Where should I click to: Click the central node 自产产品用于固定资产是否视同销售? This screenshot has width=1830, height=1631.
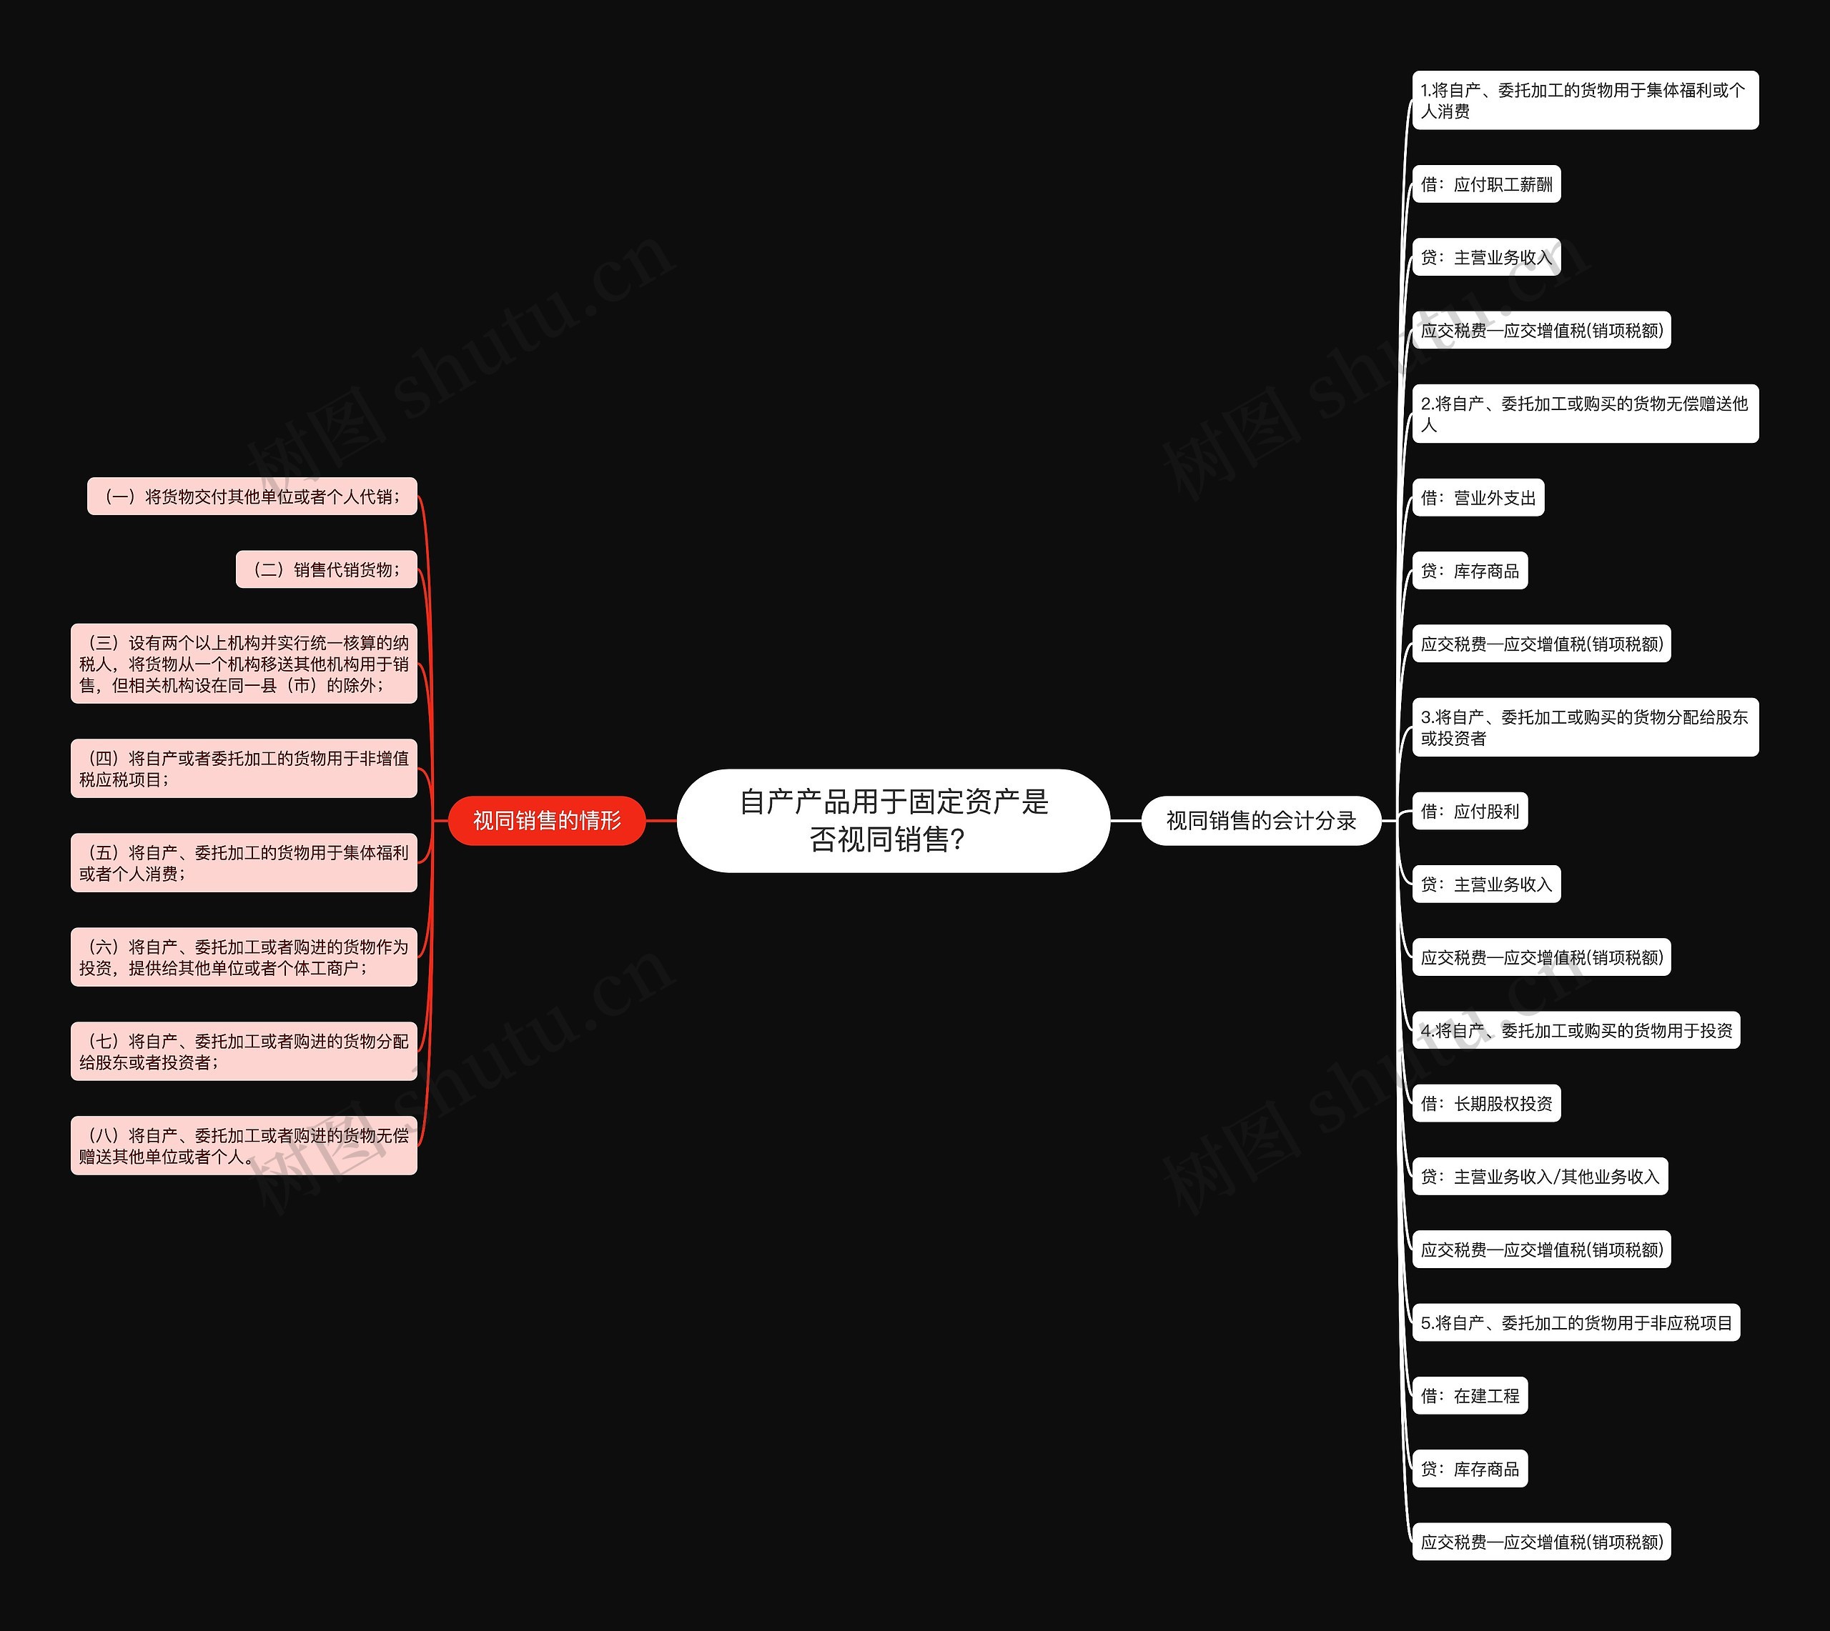tap(893, 820)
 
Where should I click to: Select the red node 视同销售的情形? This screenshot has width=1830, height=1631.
tap(546, 820)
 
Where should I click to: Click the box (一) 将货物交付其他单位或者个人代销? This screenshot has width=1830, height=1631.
tap(252, 497)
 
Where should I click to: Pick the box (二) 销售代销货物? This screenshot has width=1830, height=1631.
tap(327, 569)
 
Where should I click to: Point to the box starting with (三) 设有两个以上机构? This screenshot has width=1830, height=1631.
tap(244, 663)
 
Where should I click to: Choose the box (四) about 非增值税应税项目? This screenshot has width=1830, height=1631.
tap(244, 768)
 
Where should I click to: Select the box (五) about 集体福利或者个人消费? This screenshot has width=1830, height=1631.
tap(244, 862)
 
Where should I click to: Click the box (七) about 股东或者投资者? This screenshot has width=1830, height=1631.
tap(244, 1050)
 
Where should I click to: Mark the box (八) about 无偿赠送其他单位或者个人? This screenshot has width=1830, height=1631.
tap(244, 1145)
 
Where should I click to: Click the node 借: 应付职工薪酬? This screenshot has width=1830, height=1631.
tap(1485, 184)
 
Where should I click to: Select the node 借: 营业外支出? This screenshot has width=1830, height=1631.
tap(1478, 498)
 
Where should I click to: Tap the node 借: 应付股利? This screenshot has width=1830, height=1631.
tap(1470, 811)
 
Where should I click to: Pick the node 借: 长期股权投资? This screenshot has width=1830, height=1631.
tap(1485, 1103)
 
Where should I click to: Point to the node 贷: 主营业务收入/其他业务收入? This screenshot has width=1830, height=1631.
tap(1540, 1176)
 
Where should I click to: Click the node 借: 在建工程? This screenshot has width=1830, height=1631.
tap(1470, 1395)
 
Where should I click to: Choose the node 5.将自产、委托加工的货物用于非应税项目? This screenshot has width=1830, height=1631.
tap(1576, 1322)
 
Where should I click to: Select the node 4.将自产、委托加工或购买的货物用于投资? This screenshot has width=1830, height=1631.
tap(1576, 1031)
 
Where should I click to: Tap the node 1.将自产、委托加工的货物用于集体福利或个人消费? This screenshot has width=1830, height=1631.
tap(1584, 100)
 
